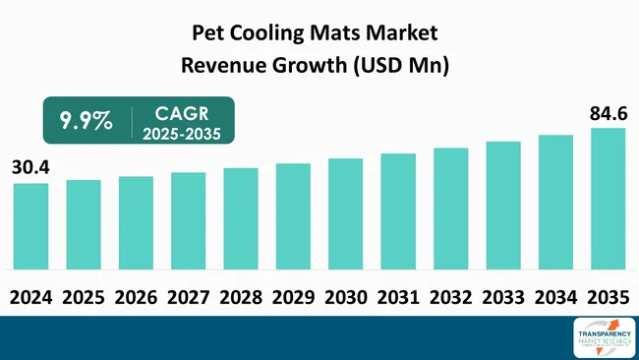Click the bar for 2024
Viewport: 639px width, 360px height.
coord(30,226)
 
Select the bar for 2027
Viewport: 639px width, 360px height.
coord(188,220)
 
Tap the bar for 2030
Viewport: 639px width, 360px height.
coord(346,213)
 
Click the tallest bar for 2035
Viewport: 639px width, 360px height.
coord(608,198)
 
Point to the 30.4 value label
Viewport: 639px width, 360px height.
coord(30,168)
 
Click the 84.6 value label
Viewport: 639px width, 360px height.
coord(608,113)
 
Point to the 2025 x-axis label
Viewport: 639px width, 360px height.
coord(84,296)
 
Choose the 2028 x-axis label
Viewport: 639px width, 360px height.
coord(241,296)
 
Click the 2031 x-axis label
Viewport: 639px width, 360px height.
coord(398,296)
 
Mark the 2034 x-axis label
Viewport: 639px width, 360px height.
coord(555,296)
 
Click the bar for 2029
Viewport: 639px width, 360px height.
coord(293,216)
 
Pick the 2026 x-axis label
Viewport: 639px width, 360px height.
coord(136,296)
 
